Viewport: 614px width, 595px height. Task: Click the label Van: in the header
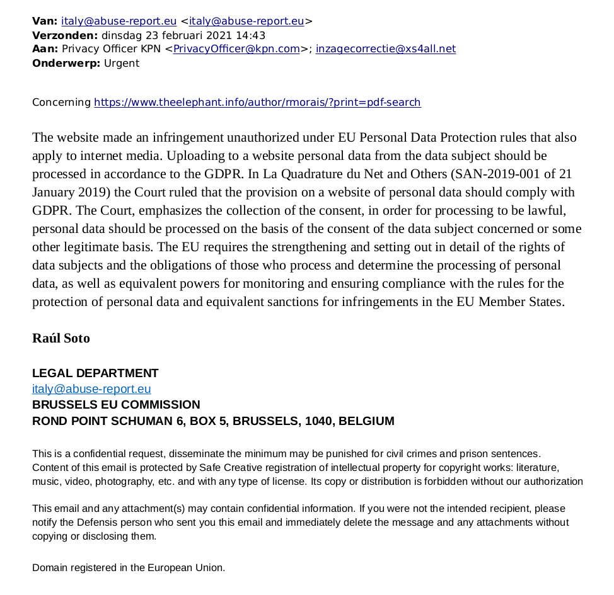click(44, 21)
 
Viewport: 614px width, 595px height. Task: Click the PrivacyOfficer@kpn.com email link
click(236, 49)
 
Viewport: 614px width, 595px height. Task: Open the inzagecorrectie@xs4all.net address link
click(385, 49)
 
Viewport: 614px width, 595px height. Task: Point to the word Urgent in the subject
click(122, 63)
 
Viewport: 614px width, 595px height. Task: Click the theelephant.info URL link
click(257, 102)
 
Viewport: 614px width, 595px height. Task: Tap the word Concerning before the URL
click(61, 102)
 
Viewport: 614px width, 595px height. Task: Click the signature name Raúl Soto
click(61, 338)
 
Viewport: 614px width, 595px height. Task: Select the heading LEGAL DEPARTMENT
click(95, 373)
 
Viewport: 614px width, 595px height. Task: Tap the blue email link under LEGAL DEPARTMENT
click(91, 389)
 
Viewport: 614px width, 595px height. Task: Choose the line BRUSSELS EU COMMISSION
click(116, 405)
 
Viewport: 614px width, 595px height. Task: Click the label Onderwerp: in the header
click(66, 63)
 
